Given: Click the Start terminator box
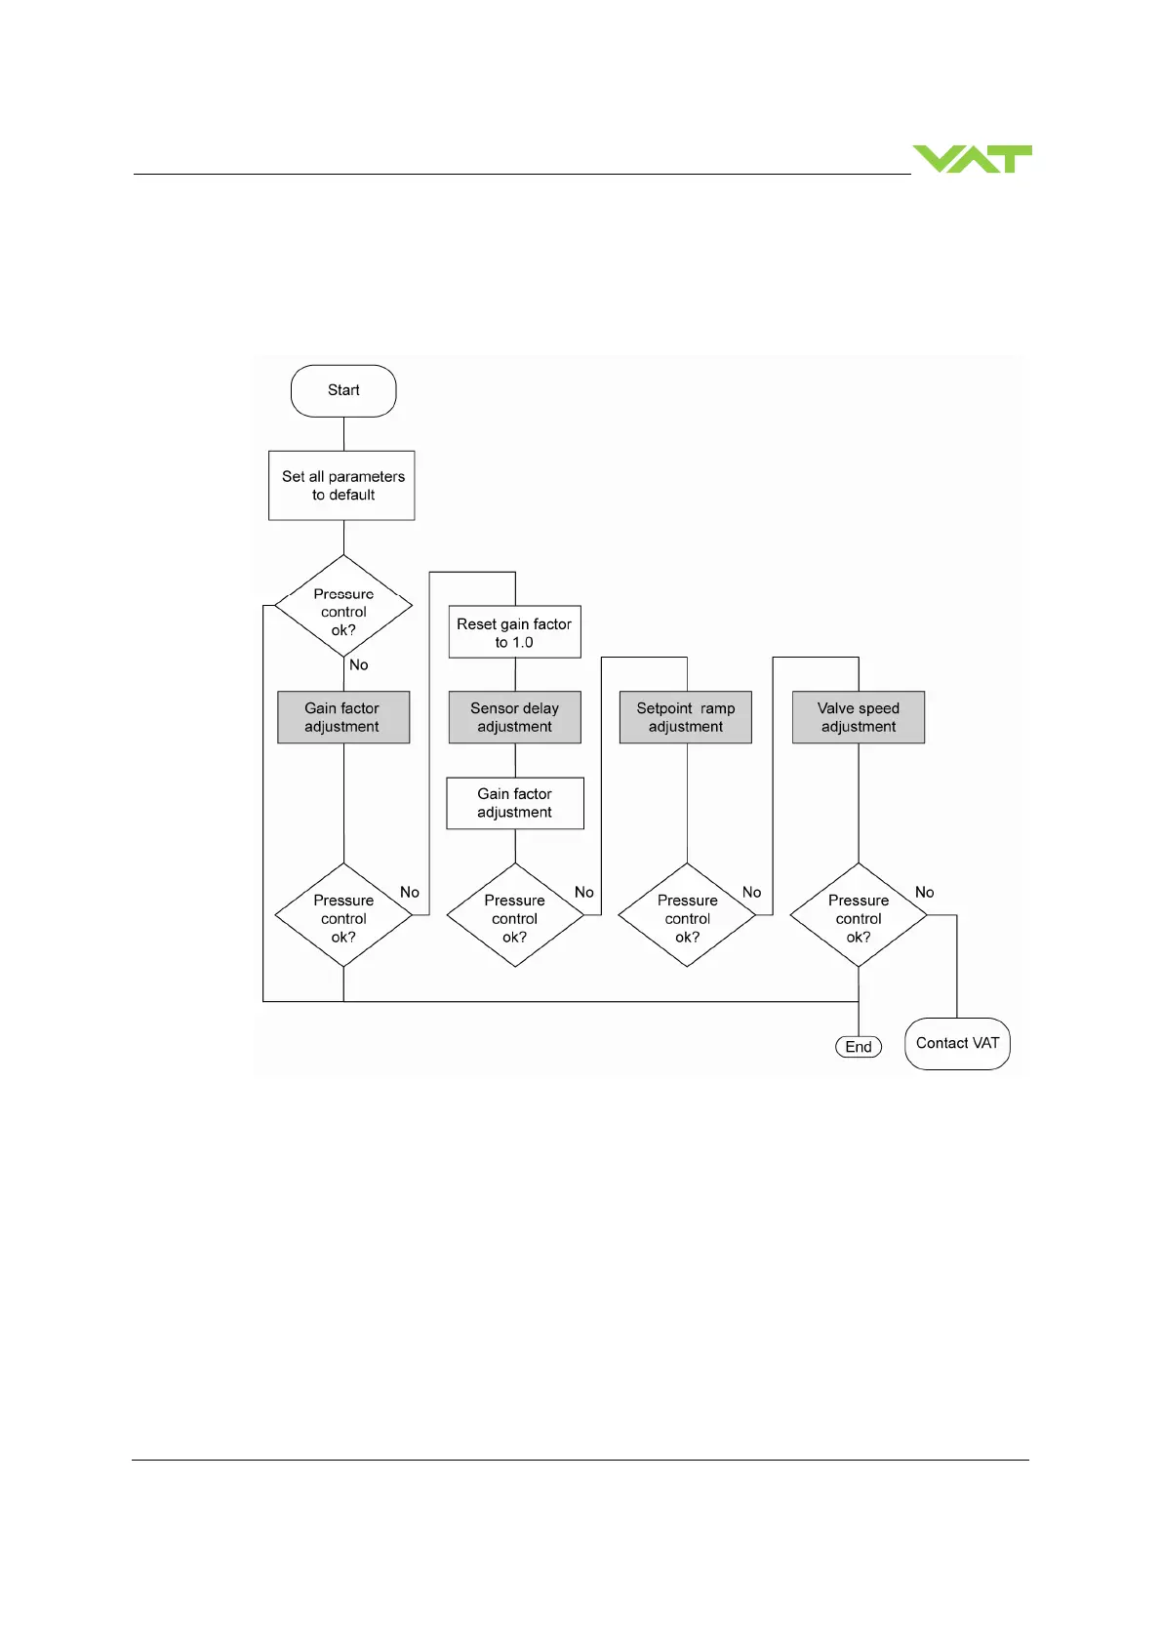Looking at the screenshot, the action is pyautogui.click(x=343, y=390).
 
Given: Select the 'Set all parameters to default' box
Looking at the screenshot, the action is pyautogui.click(x=341, y=485).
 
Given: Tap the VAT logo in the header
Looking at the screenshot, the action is pyautogui.click(x=972, y=159).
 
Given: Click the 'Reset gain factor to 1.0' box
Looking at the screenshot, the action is pyautogui.click(x=514, y=632).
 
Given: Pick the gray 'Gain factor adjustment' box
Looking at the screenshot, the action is pyautogui.click(x=343, y=717).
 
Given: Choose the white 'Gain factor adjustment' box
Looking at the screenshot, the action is pyautogui.click(x=515, y=803).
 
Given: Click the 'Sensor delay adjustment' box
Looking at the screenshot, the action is pyautogui.click(x=514, y=717).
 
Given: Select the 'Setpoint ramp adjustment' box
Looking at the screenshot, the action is pyautogui.click(x=686, y=717).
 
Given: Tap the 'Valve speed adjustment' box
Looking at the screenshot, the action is pyautogui.click(x=859, y=717).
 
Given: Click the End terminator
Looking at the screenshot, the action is pyautogui.click(x=859, y=1047).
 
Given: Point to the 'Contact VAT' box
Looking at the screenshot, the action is pyautogui.click(x=957, y=1044).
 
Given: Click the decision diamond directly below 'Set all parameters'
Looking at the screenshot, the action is pyautogui.click(x=343, y=607).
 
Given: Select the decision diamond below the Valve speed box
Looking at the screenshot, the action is pyautogui.click(x=859, y=915).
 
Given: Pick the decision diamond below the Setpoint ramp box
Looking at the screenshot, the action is pyautogui.click(x=687, y=915).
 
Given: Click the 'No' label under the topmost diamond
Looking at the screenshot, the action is pyautogui.click(x=359, y=665).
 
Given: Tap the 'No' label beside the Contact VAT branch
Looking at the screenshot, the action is pyautogui.click(x=924, y=893).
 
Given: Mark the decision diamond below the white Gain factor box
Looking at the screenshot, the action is pyautogui.click(x=515, y=915).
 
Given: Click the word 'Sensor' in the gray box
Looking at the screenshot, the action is pyautogui.click(x=492, y=708).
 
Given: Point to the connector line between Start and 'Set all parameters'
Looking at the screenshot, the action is pyautogui.click(x=343, y=434).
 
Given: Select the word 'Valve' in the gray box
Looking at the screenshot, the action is pyautogui.click(x=835, y=708).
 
